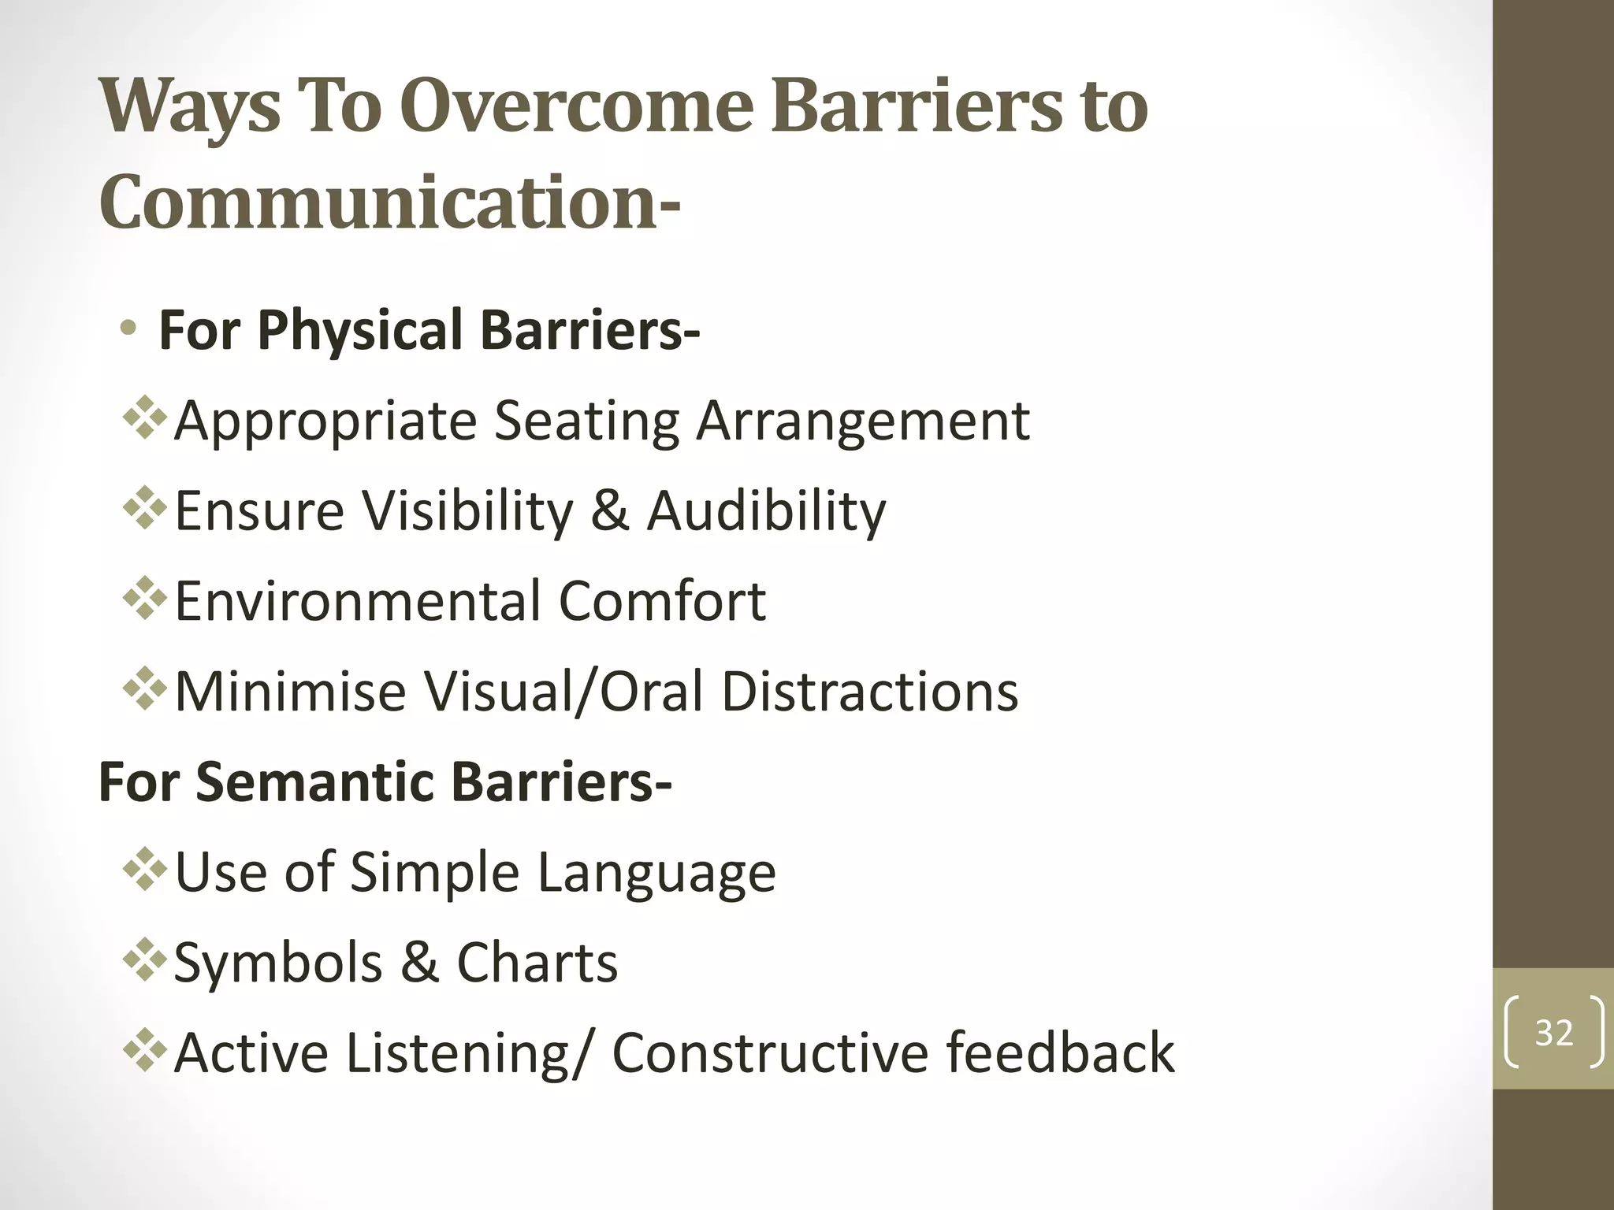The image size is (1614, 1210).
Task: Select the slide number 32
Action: click(1553, 1033)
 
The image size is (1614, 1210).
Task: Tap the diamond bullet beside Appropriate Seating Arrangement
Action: click(145, 417)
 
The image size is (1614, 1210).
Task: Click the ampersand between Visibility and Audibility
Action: click(609, 511)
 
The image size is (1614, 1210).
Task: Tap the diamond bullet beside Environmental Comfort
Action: click(145, 598)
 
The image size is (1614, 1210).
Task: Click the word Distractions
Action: click(869, 692)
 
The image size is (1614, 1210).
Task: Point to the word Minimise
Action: click(289, 692)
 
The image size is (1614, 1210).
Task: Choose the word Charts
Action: click(537, 963)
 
